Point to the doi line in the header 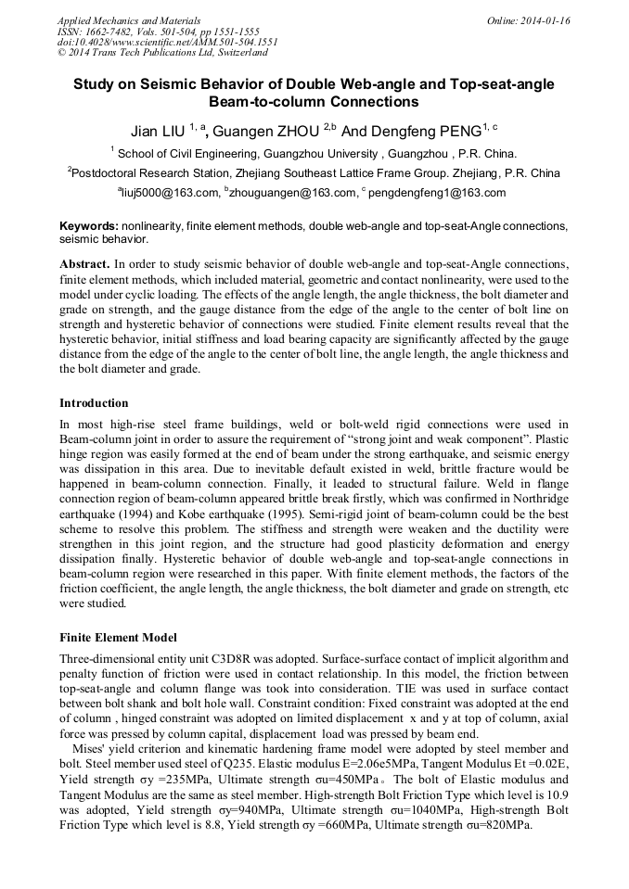[167, 43]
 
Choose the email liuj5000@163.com [171, 193]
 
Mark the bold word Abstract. [84, 264]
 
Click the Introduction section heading [94, 403]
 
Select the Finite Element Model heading [118, 639]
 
